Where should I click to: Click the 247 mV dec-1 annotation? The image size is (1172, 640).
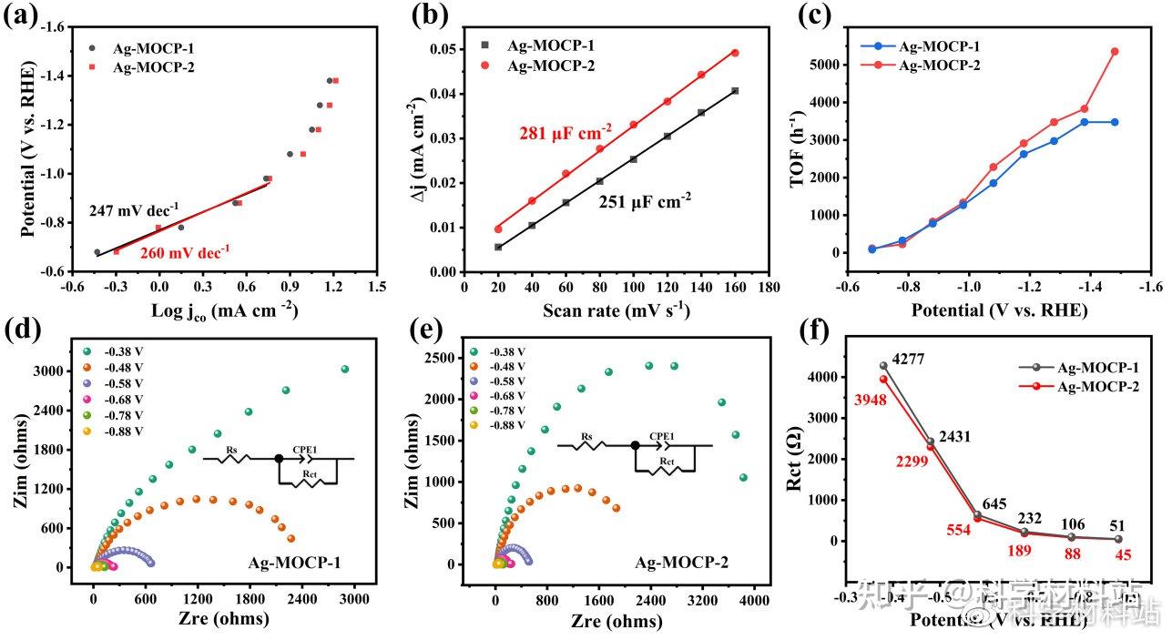(x=134, y=209)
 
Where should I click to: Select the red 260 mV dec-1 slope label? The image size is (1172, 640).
(x=185, y=250)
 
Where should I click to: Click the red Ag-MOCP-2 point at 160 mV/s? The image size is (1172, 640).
(x=735, y=53)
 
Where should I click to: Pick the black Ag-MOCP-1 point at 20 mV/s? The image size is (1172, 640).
(x=497, y=247)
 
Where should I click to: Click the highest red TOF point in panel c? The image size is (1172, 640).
(x=1115, y=51)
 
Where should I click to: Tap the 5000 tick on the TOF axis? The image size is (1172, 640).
(x=835, y=65)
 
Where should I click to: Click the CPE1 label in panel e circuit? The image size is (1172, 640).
(x=662, y=436)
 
